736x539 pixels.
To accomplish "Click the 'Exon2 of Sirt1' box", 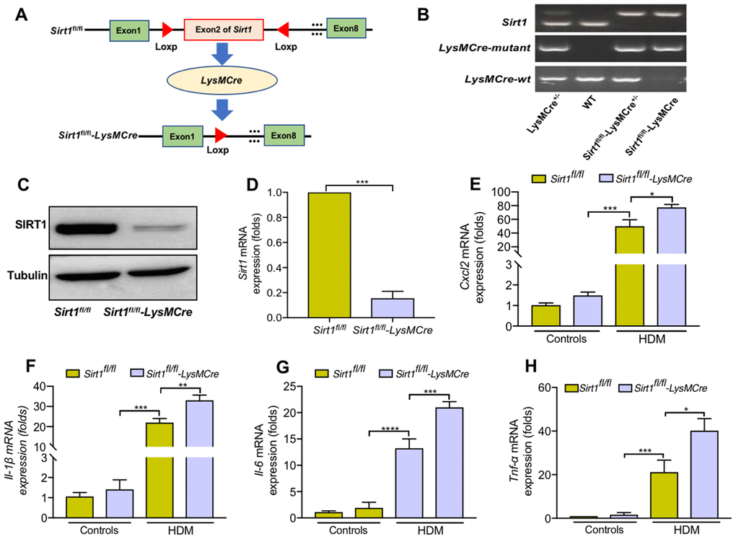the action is (224, 30).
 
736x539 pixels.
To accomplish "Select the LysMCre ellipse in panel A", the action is (222, 80).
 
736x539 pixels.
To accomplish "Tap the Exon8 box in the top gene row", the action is (346, 29).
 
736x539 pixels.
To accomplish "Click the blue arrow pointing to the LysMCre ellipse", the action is (222, 54).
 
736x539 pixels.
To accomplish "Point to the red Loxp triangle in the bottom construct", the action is (220, 135).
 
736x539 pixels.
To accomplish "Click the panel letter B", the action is (423, 14).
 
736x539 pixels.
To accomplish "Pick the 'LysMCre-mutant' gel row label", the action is (484, 48).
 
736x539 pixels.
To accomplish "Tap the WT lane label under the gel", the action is (589, 102).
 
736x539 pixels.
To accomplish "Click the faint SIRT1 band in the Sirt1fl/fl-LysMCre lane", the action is (159, 228).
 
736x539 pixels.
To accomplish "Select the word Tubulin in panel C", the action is (27, 275).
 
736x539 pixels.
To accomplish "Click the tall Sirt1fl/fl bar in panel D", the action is (329, 255).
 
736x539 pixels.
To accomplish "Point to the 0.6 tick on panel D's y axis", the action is (275, 242).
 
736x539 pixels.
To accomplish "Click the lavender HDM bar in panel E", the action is (671, 267).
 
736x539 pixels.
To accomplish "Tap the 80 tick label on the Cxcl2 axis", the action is (501, 206).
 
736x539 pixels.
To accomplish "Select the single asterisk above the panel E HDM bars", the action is (652, 194).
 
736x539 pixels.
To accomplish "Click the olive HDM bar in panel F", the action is (159, 470).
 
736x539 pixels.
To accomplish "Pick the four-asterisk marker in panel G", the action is (390, 429).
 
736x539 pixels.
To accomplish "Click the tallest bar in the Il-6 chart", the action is (450, 463).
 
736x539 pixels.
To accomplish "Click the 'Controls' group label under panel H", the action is (604, 530).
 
